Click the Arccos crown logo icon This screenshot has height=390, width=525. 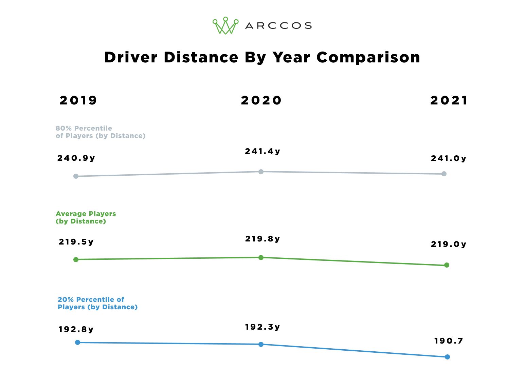pos(225,26)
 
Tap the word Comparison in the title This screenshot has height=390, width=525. pos(368,57)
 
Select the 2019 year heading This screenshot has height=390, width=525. pos(78,100)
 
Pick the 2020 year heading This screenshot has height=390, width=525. pos(261,100)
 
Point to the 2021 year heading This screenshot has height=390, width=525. pos(449,100)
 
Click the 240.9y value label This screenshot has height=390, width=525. pos(76,158)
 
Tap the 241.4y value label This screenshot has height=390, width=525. pos(262,151)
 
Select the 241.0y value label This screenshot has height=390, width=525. pos(449,158)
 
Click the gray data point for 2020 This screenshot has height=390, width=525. pos(261,172)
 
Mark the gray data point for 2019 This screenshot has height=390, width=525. pos(76,176)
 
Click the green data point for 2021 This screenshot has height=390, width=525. pos(447,265)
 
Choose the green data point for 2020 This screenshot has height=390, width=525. pos(261,257)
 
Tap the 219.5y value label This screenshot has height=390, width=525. pos(76,242)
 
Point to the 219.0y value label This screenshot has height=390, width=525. pos(449,244)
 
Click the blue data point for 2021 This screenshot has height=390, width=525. pos(447,357)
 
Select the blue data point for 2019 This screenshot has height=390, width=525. pos(77,342)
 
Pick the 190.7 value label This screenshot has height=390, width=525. pos(449,341)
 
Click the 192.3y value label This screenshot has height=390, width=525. pos(262,327)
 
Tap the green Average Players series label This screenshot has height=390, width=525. pos(86,217)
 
